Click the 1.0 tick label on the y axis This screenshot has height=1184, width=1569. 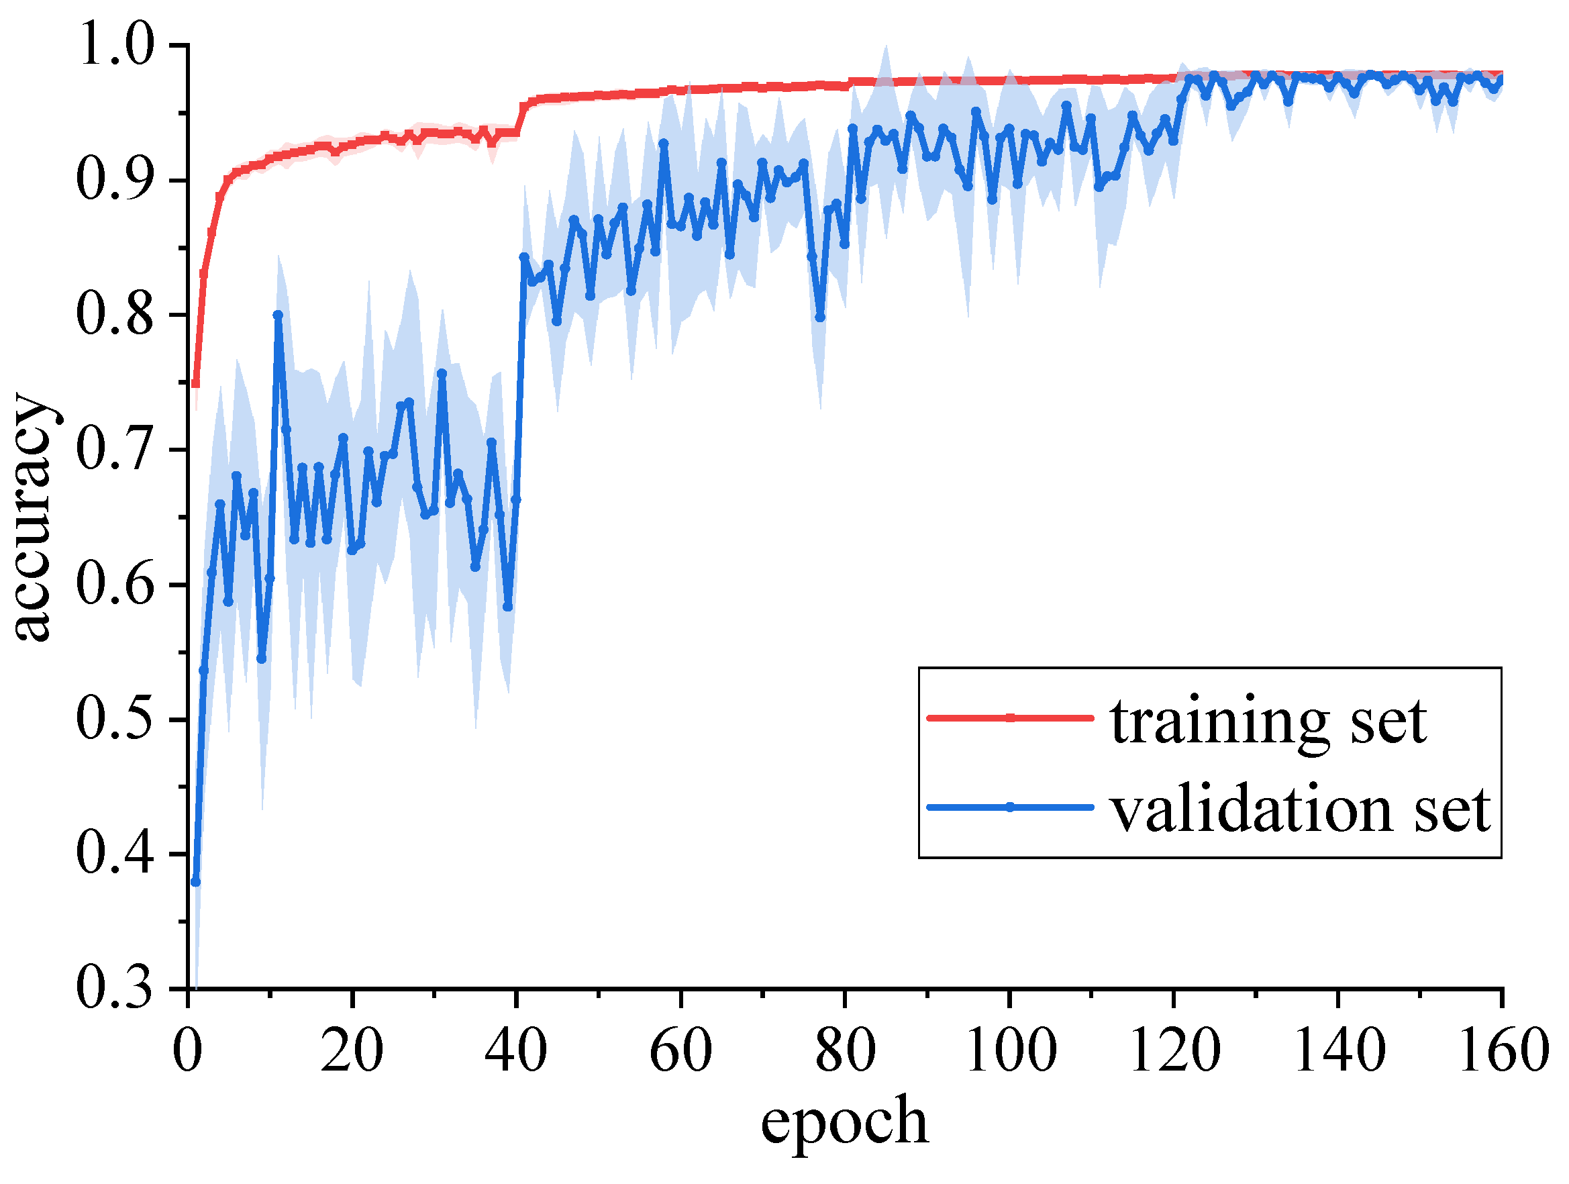[114, 45]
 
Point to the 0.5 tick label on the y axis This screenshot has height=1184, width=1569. [114, 719]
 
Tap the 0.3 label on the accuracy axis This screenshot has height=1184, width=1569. [114, 987]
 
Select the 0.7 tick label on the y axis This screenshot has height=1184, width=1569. [114, 449]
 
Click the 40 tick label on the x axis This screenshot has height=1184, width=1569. [515, 1050]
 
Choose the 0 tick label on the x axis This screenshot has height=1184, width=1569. [187, 1050]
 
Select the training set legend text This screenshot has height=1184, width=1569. [1269, 722]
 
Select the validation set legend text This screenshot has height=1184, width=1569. [1301, 809]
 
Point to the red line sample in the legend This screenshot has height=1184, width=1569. [1010, 718]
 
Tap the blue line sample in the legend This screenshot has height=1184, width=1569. [1010, 807]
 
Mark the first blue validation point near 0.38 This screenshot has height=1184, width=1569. [196, 882]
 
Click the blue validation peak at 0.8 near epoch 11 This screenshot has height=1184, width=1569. [278, 315]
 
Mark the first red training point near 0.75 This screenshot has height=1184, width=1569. [196, 384]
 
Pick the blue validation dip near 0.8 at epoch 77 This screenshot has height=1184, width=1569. [820, 317]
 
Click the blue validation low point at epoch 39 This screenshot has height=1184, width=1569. [508, 607]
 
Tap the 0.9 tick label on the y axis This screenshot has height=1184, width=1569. [114, 179]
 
